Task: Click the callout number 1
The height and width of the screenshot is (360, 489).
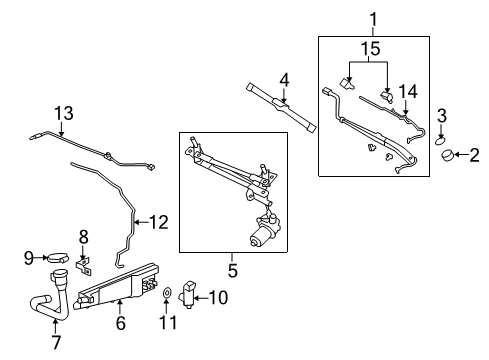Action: (374, 17)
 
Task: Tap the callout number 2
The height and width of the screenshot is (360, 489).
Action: (474, 154)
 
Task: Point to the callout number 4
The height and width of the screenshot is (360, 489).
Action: (284, 78)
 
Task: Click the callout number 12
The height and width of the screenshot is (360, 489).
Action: (84, 237)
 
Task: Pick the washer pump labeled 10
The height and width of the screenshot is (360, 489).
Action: (192, 297)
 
